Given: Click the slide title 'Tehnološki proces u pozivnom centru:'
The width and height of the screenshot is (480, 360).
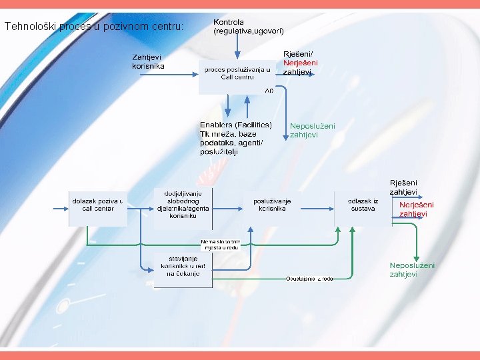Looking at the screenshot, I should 94,27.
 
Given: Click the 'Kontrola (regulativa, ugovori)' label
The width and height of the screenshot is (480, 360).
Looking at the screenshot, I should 248,27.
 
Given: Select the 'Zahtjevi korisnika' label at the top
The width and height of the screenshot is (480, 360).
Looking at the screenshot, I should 147,61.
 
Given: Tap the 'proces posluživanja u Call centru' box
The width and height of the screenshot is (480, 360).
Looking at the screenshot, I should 237,73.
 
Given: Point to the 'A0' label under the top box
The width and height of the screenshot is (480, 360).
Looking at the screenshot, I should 269,90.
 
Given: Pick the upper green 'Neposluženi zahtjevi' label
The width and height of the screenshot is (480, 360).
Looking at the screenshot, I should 312,130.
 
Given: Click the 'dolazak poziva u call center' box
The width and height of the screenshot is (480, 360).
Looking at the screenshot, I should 98,205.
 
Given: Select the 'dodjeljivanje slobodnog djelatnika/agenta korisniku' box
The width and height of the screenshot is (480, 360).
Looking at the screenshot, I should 183,204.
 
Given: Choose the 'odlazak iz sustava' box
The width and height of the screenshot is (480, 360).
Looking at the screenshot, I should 363,205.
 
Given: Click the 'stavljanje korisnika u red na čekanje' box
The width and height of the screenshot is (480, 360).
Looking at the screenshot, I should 183,269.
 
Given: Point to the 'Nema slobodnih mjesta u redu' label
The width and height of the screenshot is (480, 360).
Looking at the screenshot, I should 220,244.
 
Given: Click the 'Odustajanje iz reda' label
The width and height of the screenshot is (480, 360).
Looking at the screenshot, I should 309,278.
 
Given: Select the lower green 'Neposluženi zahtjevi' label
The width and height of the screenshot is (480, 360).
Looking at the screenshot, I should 412,269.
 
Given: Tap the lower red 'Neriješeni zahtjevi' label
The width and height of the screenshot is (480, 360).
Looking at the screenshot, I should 416,209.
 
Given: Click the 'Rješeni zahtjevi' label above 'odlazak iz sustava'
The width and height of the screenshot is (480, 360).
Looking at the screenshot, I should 403,187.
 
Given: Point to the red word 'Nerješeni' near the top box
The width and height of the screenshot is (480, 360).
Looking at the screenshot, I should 301,63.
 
